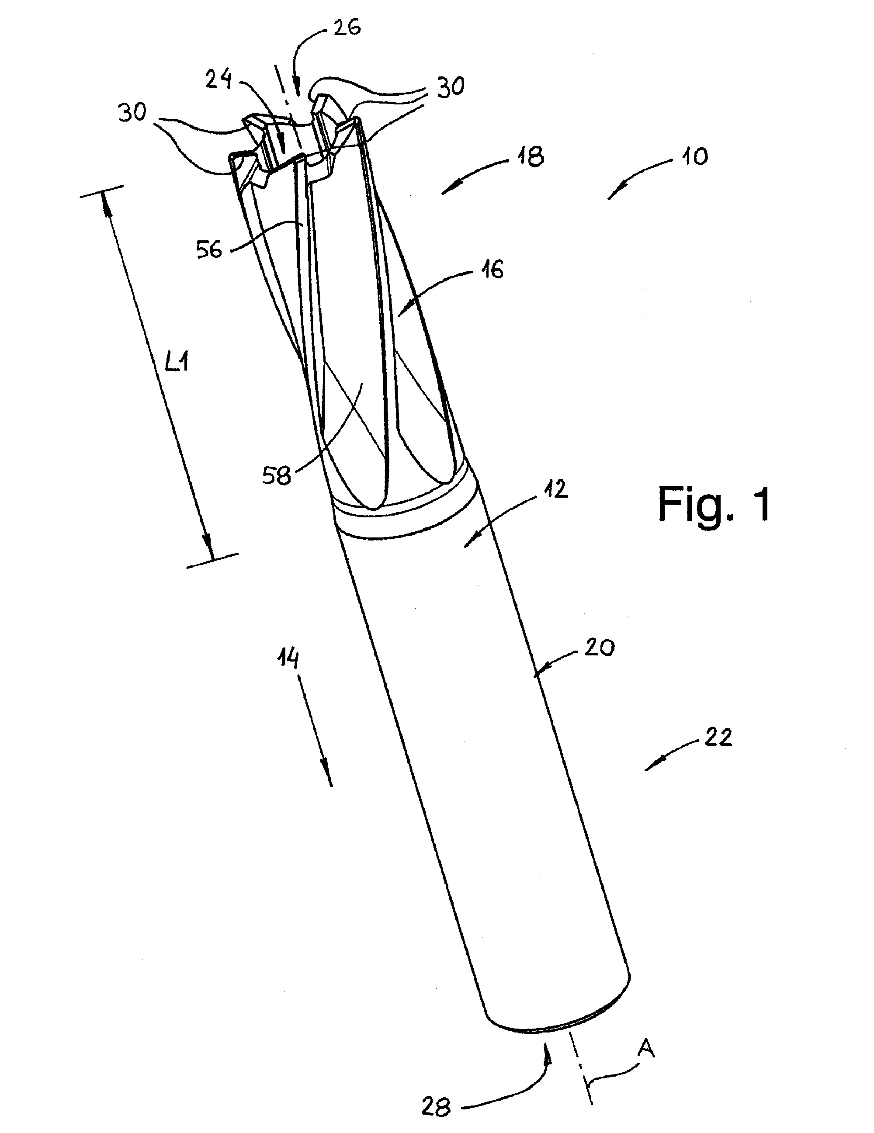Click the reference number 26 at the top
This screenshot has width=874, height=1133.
(x=347, y=27)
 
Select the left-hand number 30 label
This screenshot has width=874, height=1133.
(x=132, y=112)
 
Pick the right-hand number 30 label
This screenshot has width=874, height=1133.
(x=450, y=86)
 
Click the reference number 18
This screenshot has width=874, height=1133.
(x=530, y=156)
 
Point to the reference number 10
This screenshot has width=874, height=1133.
(x=694, y=156)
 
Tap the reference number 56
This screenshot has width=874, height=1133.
(x=209, y=250)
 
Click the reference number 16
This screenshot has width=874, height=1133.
(x=490, y=270)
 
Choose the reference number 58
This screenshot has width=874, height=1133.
(x=276, y=475)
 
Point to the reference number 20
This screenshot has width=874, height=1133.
(x=600, y=648)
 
